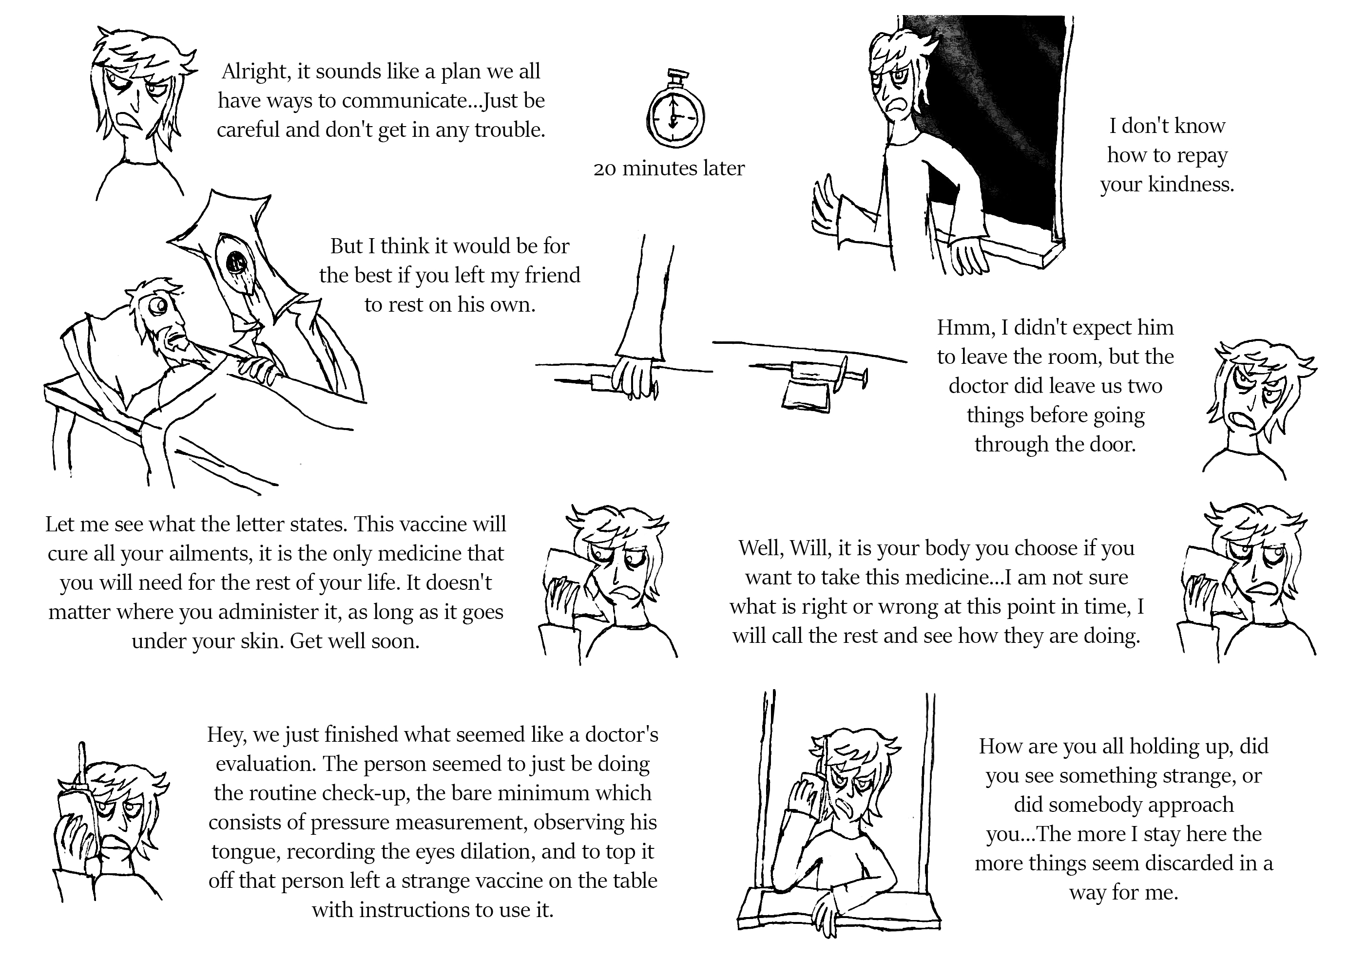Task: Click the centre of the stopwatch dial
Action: pyautogui.click(x=675, y=117)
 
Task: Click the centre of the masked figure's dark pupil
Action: pyautogui.click(x=237, y=259)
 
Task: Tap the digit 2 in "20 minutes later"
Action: pyautogui.click(x=598, y=169)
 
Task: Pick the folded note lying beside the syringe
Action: pyautogui.click(x=806, y=396)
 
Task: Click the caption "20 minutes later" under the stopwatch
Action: pyautogui.click(x=669, y=169)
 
